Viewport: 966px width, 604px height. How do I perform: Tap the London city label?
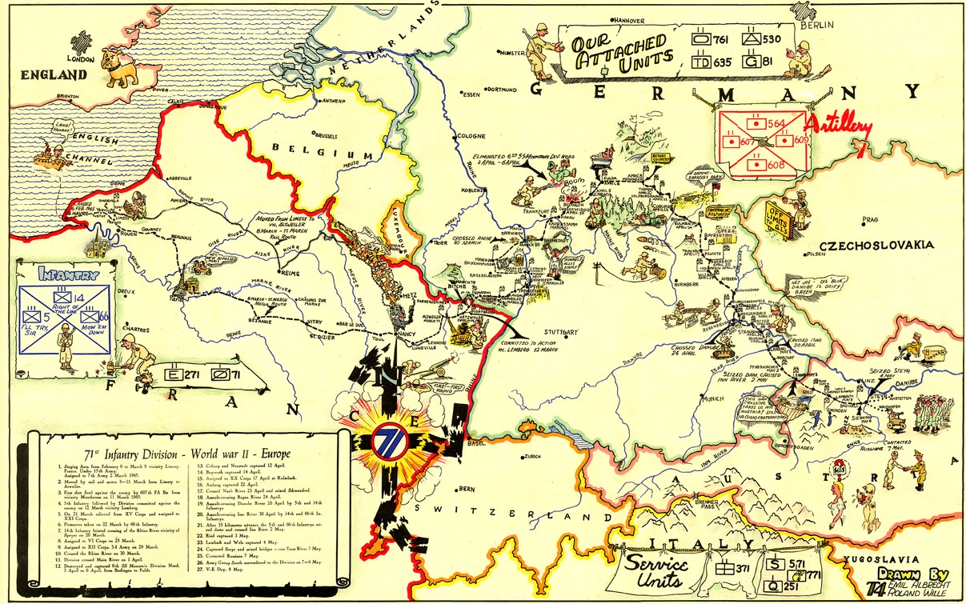[x=81, y=59]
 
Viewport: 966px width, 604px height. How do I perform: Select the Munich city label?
[x=711, y=397]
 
